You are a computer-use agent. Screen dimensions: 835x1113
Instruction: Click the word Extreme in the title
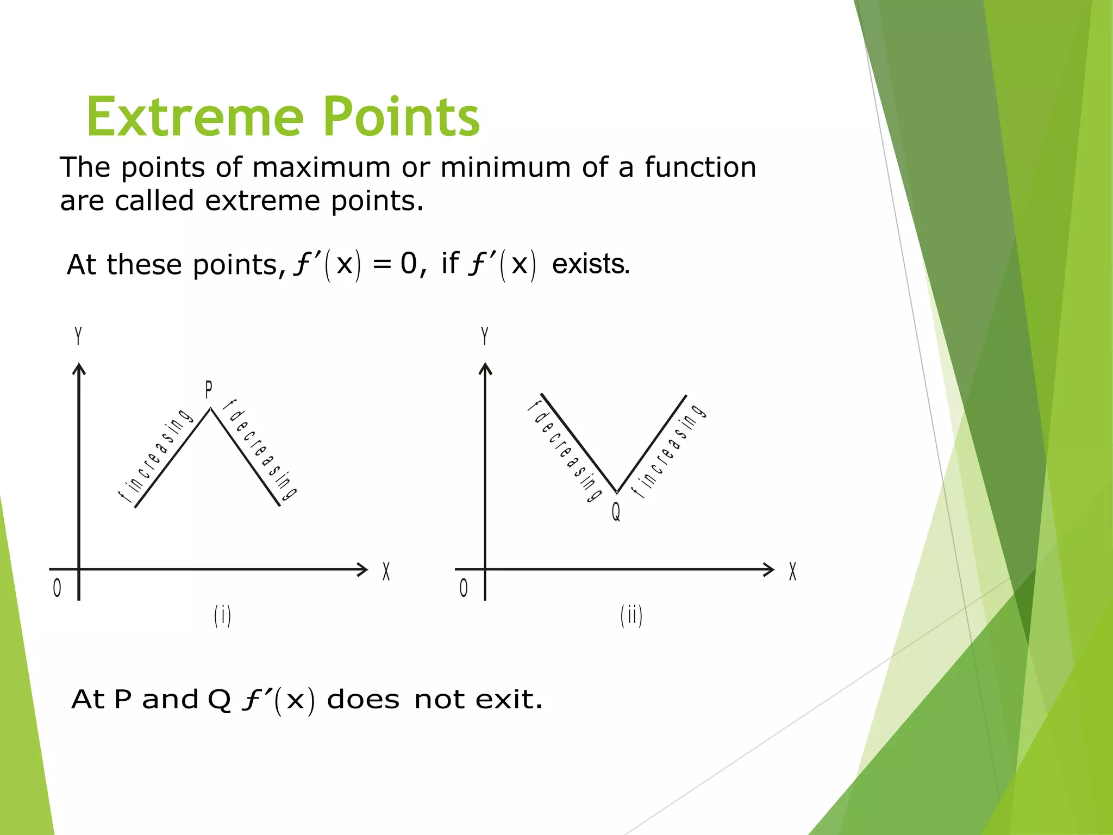[x=195, y=117]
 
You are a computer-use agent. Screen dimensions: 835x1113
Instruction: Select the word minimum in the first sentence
[x=505, y=167]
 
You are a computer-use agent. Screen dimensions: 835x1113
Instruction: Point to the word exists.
[x=591, y=264]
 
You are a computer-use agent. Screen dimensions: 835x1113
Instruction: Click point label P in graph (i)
[x=209, y=390]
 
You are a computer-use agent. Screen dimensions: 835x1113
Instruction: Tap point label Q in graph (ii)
[x=616, y=512]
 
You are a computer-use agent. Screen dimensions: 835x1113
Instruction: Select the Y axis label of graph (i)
[x=78, y=335]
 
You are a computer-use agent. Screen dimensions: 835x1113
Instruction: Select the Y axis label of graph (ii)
[x=485, y=335]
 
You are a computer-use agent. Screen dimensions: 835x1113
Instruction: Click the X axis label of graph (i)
[x=386, y=571]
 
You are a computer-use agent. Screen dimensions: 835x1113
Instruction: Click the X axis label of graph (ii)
[x=792, y=571]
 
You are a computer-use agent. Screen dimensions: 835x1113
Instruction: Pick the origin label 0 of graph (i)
[x=57, y=588]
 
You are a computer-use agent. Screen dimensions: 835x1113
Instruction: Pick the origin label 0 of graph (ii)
[x=464, y=588]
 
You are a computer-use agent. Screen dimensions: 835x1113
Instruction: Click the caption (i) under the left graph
[x=222, y=616]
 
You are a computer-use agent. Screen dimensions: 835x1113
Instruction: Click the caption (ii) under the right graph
[x=631, y=616]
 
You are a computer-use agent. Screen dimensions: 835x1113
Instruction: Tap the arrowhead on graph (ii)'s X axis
[x=769, y=569]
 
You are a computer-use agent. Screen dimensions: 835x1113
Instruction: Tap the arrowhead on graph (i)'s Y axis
[x=79, y=369]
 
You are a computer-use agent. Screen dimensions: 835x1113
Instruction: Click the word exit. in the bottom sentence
[x=509, y=699]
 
